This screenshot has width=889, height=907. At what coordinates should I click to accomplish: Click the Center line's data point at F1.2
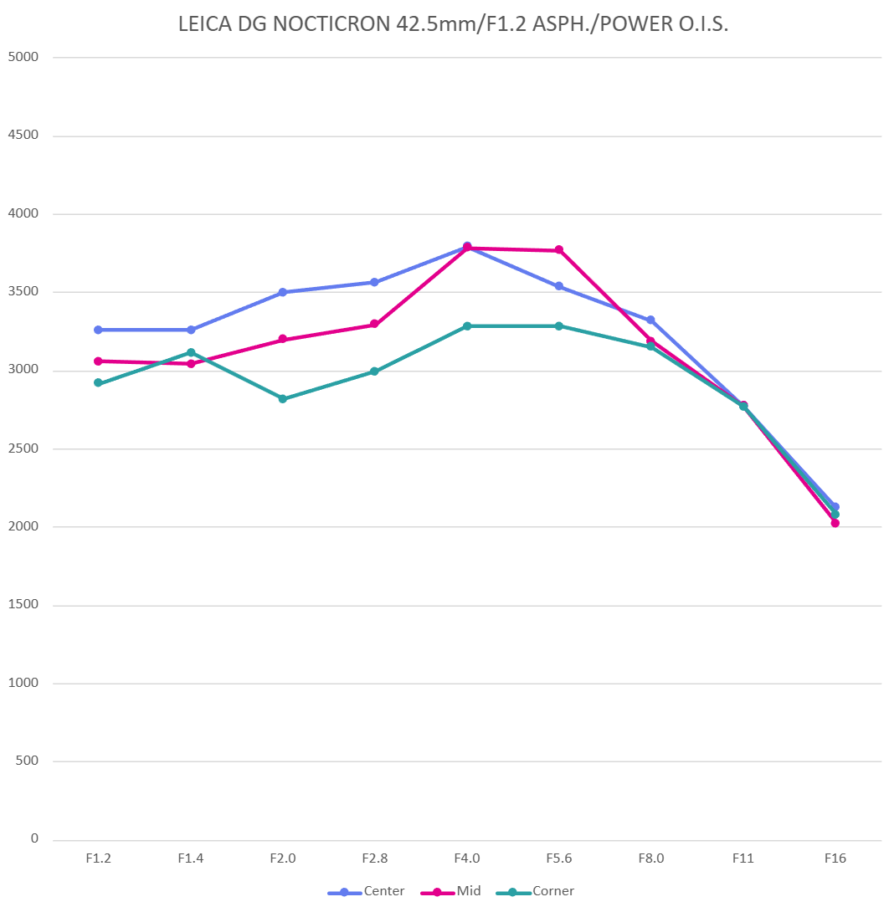[98, 330]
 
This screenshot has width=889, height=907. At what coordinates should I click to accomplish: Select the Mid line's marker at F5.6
[558, 250]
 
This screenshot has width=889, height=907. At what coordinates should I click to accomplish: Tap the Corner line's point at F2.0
[282, 399]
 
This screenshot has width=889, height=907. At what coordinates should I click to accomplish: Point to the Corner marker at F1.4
[191, 352]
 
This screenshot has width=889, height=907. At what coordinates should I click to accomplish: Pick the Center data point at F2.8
[374, 282]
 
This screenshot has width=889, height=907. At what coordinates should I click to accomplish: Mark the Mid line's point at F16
[835, 523]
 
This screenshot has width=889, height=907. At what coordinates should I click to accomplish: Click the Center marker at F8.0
[650, 320]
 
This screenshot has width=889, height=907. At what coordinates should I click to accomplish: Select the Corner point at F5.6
[558, 325]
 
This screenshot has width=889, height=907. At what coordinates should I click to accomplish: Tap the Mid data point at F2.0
[282, 339]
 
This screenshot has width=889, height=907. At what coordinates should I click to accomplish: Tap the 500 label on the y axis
[28, 761]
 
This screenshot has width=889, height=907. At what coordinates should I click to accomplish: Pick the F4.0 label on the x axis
[466, 858]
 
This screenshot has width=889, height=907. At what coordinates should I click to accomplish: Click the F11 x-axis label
[743, 858]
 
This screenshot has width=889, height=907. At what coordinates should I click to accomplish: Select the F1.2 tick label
[98, 858]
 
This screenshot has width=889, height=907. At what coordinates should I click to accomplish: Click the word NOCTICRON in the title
[323, 25]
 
